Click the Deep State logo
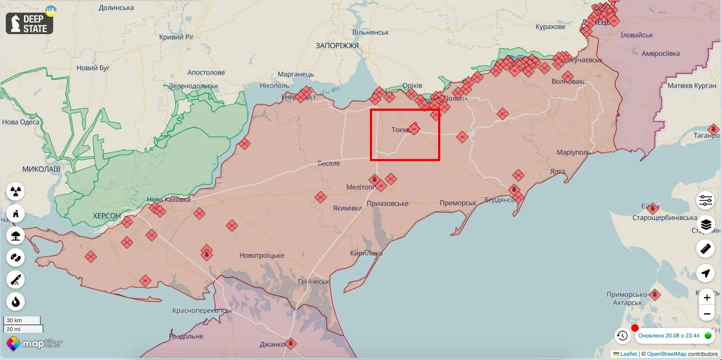pos(30,23)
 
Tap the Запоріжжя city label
pos(337,46)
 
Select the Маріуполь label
pos(574,152)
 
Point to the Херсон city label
pos(107,216)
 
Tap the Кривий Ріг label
pos(176,37)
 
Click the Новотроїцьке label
pos(261,256)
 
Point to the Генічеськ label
pos(313,282)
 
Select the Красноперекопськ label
pos(202,310)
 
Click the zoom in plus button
pos(707,298)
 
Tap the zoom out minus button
pos(707,314)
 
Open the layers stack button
pos(706,225)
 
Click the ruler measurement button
pos(706,249)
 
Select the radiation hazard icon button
pos(16,192)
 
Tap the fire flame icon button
pos(16,301)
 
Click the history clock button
pos(622,335)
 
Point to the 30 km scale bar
pos(23,320)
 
